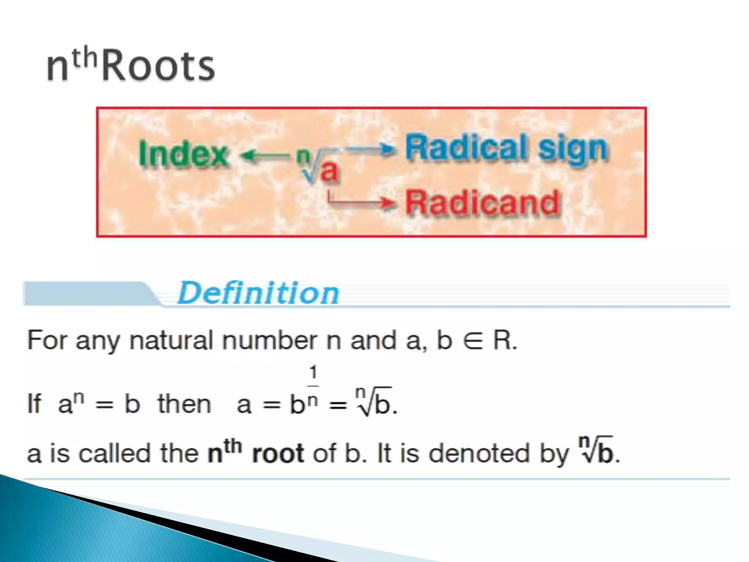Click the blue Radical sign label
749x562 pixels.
(x=506, y=149)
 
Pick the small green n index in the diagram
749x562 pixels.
(x=302, y=155)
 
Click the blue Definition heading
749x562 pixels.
(x=258, y=293)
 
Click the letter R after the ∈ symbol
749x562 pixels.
(x=503, y=340)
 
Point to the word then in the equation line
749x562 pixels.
(x=184, y=405)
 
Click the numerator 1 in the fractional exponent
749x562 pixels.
(x=313, y=373)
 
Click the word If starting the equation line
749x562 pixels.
(x=34, y=404)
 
